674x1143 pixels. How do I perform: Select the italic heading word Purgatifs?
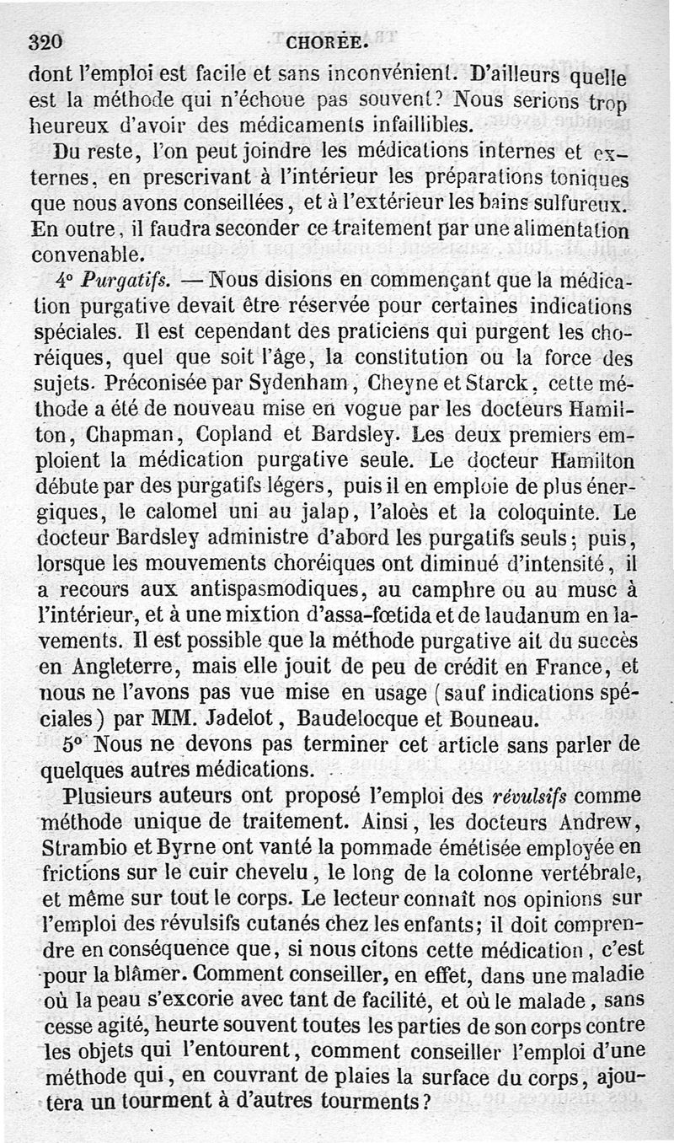[x=123, y=277]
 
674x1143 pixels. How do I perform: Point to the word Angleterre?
[x=124, y=668]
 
